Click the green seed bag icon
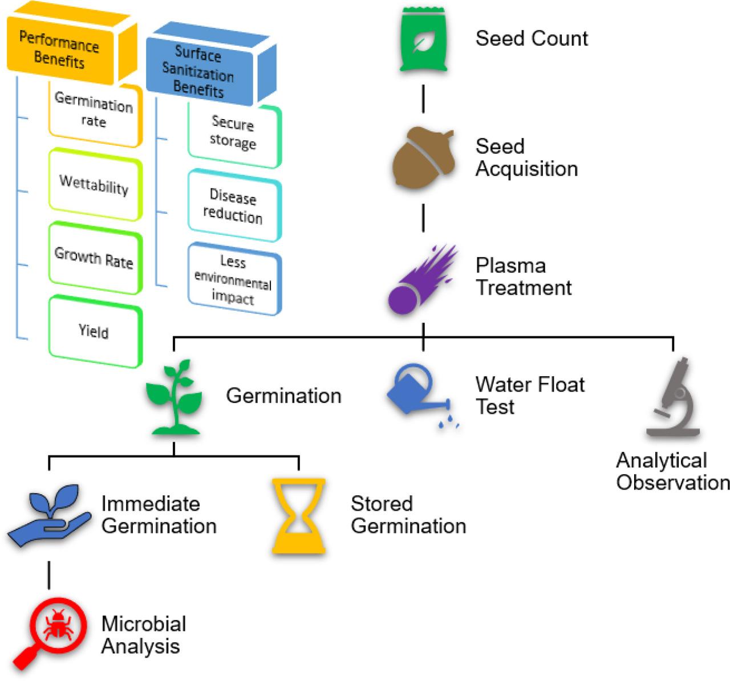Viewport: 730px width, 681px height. [423, 40]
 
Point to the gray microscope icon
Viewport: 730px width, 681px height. [673, 398]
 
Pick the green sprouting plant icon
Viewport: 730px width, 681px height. [174, 397]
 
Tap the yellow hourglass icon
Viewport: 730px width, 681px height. [298, 516]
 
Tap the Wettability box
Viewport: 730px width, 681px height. [94, 185]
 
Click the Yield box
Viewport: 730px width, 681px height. [94, 331]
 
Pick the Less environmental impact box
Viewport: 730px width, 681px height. [233, 279]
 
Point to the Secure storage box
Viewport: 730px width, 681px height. [233, 134]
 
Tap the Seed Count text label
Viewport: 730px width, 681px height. [532, 39]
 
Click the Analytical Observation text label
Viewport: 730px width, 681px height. [672, 471]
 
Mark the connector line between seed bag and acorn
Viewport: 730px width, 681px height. [423, 99]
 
